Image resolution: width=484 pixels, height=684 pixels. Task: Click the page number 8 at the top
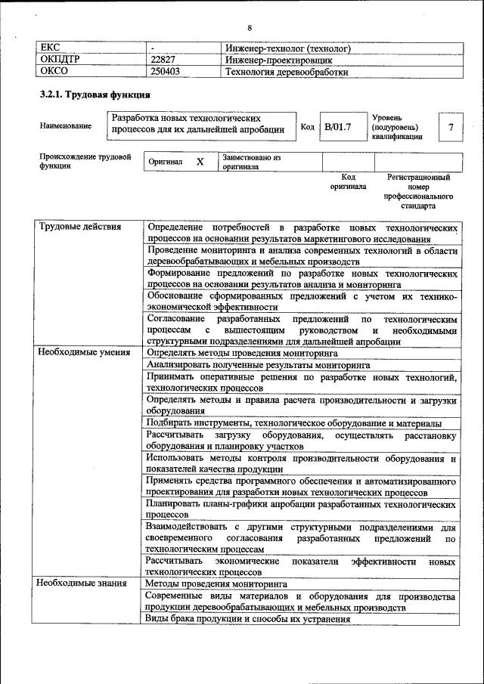click(249, 28)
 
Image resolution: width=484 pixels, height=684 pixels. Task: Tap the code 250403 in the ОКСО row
click(166, 73)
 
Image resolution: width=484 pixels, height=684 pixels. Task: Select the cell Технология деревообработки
click(287, 73)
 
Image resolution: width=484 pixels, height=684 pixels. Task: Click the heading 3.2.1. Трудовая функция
click(95, 96)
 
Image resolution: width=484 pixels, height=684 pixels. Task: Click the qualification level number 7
click(451, 127)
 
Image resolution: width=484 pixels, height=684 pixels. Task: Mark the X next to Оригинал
click(200, 162)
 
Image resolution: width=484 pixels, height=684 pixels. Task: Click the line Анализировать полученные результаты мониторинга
click(258, 364)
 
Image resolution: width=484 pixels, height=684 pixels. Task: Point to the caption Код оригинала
click(348, 181)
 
